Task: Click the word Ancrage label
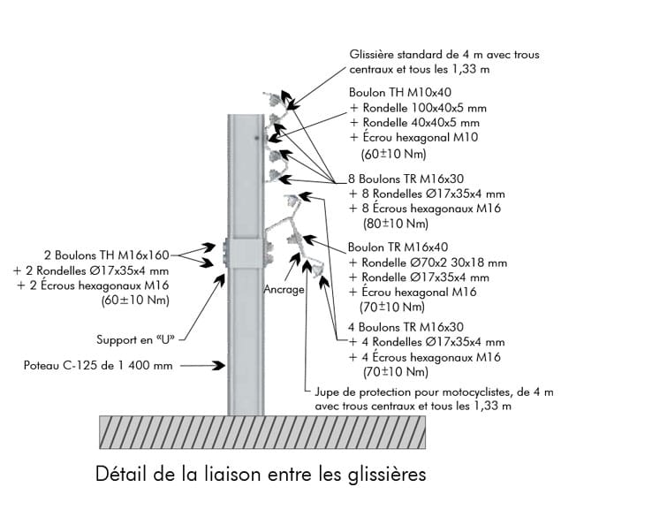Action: [x=284, y=289]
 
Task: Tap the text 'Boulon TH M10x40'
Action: [x=399, y=92]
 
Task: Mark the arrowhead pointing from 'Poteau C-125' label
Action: [x=221, y=364]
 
